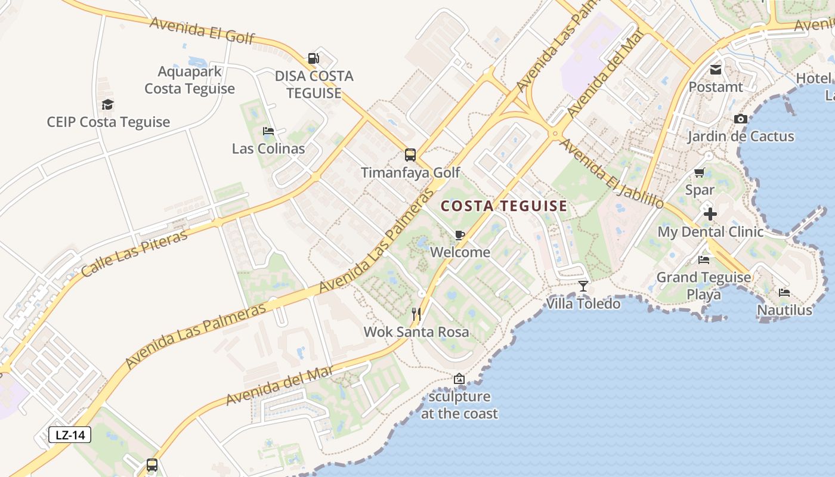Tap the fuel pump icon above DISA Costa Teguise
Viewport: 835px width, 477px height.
coord(314,58)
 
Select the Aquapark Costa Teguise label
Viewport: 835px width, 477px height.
coord(190,80)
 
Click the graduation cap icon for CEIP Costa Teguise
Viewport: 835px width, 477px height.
coord(107,105)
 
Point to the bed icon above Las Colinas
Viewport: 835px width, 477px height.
coord(268,131)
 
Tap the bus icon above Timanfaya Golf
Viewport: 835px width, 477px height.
coord(410,155)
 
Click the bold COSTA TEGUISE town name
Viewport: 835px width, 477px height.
coord(504,206)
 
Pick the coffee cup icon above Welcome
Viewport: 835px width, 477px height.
coord(459,235)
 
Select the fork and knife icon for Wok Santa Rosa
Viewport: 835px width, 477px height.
coord(416,314)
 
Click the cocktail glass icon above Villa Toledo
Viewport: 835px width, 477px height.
coord(583,286)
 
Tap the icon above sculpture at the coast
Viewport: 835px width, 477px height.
coord(459,379)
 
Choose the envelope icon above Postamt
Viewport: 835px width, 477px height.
coord(716,70)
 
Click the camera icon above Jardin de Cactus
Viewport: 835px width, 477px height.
coord(741,119)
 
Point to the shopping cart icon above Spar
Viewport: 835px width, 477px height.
coord(700,173)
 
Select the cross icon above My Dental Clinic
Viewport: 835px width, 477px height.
coord(710,213)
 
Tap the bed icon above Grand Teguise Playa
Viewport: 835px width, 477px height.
coord(704,260)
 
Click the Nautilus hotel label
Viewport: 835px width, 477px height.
coord(784,310)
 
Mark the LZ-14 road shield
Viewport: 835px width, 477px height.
coord(70,435)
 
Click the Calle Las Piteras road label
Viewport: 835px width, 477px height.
coord(134,252)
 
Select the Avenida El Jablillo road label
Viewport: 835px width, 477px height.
coord(611,174)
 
